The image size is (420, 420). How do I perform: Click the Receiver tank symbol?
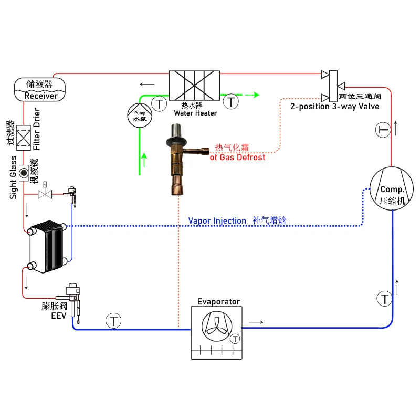pos(39,89)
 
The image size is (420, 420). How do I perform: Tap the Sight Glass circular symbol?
pos(24,172)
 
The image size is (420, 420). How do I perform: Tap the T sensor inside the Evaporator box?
pos(235,339)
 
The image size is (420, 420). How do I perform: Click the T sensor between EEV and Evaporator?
pos(113,320)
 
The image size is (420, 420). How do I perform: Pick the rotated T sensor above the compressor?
pos(383,130)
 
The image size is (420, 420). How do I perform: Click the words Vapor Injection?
pos(217,221)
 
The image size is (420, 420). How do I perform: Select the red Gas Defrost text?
pos(237,157)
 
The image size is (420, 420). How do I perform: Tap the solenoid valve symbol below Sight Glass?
pos(44,194)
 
